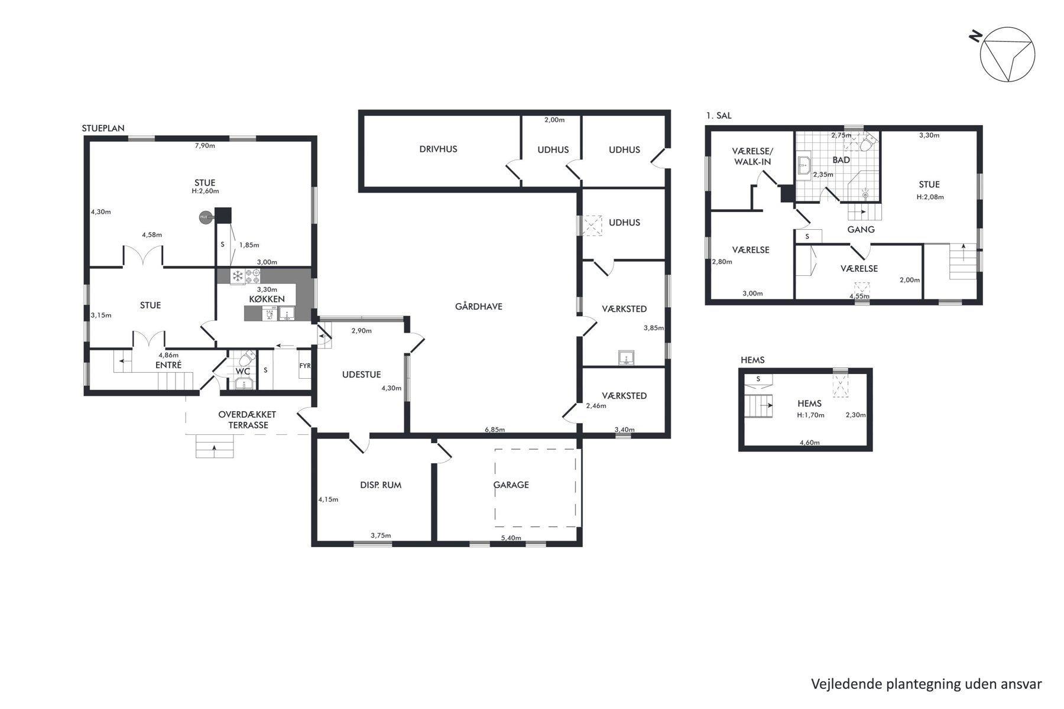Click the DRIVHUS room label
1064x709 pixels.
[x=438, y=149]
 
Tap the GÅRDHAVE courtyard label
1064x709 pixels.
[x=479, y=306]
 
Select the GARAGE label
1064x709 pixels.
[x=511, y=484]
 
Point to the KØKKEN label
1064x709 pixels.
[x=267, y=299]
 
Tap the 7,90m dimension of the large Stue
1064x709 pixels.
[x=205, y=145]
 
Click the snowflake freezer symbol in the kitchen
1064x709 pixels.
[x=237, y=276]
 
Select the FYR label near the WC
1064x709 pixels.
[x=305, y=366]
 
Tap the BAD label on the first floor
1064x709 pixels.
[x=841, y=160]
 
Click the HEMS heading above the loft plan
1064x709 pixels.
[x=752, y=360]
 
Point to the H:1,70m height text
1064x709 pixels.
[x=810, y=415]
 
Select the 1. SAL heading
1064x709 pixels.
[x=718, y=116]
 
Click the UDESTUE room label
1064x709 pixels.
[x=361, y=374]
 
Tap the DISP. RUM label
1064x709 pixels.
[x=381, y=485]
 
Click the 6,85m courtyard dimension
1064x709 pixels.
[x=494, y=430]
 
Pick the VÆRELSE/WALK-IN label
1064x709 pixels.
[x=752, y=157]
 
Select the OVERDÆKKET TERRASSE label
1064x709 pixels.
[x=247, y=419]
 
